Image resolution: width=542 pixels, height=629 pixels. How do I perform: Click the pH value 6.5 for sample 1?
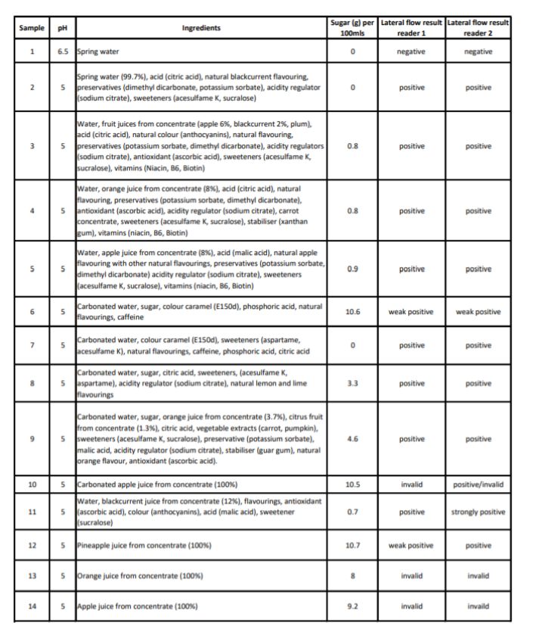(x=63, y=51)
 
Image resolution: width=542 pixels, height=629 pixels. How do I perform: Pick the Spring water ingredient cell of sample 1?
(x=98, y=51)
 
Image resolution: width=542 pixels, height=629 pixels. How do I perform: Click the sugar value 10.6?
(x=352, y=311)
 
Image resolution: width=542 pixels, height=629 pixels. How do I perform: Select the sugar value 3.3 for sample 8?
(x=352, y=384)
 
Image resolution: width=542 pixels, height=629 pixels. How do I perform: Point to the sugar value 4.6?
(x=352, y=439)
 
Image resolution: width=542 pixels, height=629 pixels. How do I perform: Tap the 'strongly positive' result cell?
(x=479, y=512)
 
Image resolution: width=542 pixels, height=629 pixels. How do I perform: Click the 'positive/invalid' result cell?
(x=479, y=484)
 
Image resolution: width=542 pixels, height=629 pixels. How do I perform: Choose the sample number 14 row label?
(x=32, y=606)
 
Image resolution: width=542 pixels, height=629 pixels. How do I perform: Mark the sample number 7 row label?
(x=32, y=346)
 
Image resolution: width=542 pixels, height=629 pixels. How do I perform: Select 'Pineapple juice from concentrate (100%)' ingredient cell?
(x=144, y=545)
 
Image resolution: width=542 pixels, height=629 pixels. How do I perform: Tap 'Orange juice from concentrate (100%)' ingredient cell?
(x=141, y=576)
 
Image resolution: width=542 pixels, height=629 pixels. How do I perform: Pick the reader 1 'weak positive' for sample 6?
(x=410, y=311)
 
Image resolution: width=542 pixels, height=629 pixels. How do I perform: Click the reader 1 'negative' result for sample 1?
(x=410, y=51)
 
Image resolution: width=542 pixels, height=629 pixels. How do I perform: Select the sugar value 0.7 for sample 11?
(x=352, y=512)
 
